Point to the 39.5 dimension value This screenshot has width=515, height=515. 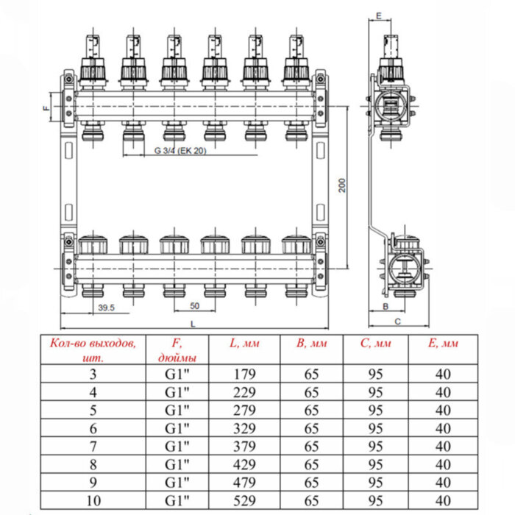[106, 308]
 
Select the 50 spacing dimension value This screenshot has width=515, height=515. [194, 305]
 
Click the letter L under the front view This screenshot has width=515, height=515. [193, 323]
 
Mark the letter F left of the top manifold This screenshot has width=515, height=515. [46, 108]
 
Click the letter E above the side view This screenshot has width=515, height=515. [377, 15]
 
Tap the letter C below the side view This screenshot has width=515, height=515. [397, 322]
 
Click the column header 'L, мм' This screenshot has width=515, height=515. [245, 342]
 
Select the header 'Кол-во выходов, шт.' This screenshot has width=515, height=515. [93, 349]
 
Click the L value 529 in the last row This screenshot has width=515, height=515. [245, 502]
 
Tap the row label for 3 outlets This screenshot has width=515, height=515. [93, 373]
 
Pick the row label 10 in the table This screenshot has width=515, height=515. [93, 502]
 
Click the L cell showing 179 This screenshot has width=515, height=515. [245, 373]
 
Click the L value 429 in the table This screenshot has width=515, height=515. [245, 465]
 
